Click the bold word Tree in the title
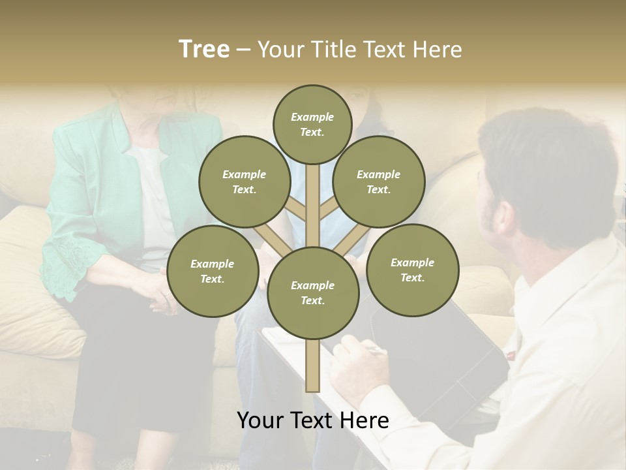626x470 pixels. click(204, 50)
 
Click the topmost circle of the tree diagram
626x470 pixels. click(312, 124)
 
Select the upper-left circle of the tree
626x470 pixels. click(245, 181)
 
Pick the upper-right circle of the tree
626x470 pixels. click(379, 181)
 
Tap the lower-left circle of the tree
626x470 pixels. click(213, 271)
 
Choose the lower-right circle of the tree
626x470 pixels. click(412, 270)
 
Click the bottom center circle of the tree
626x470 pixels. click(313, 293)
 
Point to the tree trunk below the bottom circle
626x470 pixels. click(313, 366)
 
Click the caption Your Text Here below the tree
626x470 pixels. click(313, 420)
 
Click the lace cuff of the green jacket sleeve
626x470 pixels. click(65, 264)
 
